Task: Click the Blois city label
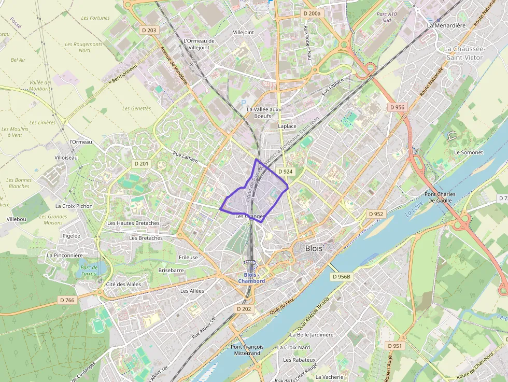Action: tap(314, 248)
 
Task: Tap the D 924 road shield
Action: tap(285, 171)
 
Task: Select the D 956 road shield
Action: tap(397, 107)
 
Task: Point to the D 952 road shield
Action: tap(376, 214)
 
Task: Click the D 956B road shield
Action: tap(341, 277)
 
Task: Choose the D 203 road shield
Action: tap(149, 31)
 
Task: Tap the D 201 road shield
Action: tap(141, 164)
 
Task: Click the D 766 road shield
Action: tap(67, 300)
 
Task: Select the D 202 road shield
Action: tap(244, 309)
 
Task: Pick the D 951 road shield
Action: tap(394, 346)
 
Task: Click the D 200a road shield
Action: tap(312, 13)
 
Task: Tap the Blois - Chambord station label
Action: tap(251, 278)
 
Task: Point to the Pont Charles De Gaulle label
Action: tap(440, 198)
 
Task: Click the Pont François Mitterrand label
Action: tap(247, 350)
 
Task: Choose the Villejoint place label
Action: tap(244, 32)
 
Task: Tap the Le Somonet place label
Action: tap(468, 152)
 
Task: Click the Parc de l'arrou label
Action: tap(89, 270)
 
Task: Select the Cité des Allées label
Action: tap(123, 284)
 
